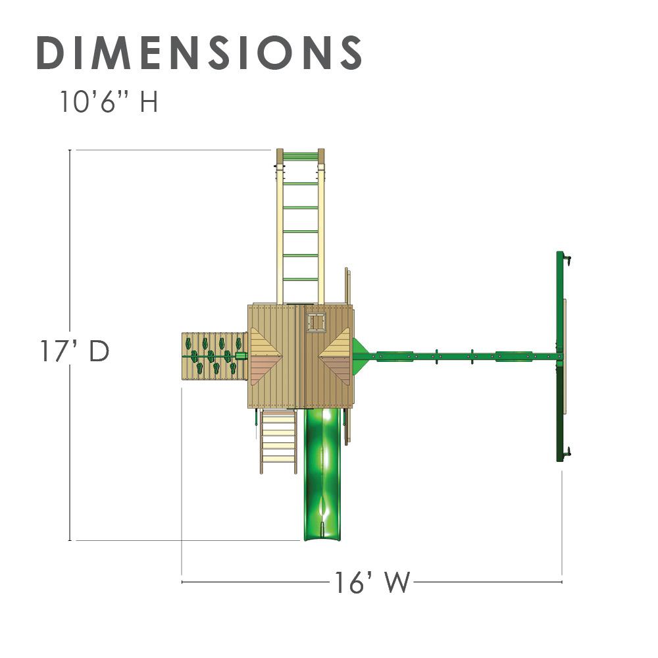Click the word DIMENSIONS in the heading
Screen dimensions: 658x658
(199, 53)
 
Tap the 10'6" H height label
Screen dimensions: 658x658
(109, 101)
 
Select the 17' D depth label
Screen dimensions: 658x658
(75, 351)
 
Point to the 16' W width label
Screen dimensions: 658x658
(372, 582)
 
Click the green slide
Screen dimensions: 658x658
(322, 474)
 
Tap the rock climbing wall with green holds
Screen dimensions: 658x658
(214, 356)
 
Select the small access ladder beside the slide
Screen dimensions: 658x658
(278, 442)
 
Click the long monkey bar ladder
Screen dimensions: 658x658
(301, 226)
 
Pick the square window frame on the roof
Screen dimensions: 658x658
(316, 322)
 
